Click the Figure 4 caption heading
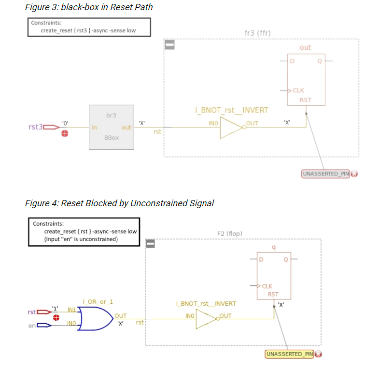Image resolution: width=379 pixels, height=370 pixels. point(119,203)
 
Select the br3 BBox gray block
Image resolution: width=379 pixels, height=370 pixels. point(111,127)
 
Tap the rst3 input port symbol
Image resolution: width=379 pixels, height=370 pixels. point(51,127)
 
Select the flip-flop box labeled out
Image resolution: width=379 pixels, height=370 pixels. point(306,79)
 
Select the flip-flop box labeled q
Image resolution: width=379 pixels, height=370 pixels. point(274,275)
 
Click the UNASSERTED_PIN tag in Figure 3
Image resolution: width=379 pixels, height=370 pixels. point(326,173)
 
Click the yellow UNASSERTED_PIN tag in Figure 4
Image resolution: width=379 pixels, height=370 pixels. point(290,354)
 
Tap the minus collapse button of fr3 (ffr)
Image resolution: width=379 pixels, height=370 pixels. point(169,45)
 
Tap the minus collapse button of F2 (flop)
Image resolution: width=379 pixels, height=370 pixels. point(151,243)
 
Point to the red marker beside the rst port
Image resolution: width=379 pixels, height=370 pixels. point(56,317)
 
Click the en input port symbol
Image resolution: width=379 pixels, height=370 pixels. point(43,326)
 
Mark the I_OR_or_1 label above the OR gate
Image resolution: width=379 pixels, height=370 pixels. point(98,302)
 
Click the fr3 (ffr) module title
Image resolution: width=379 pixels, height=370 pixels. point(261,32)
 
